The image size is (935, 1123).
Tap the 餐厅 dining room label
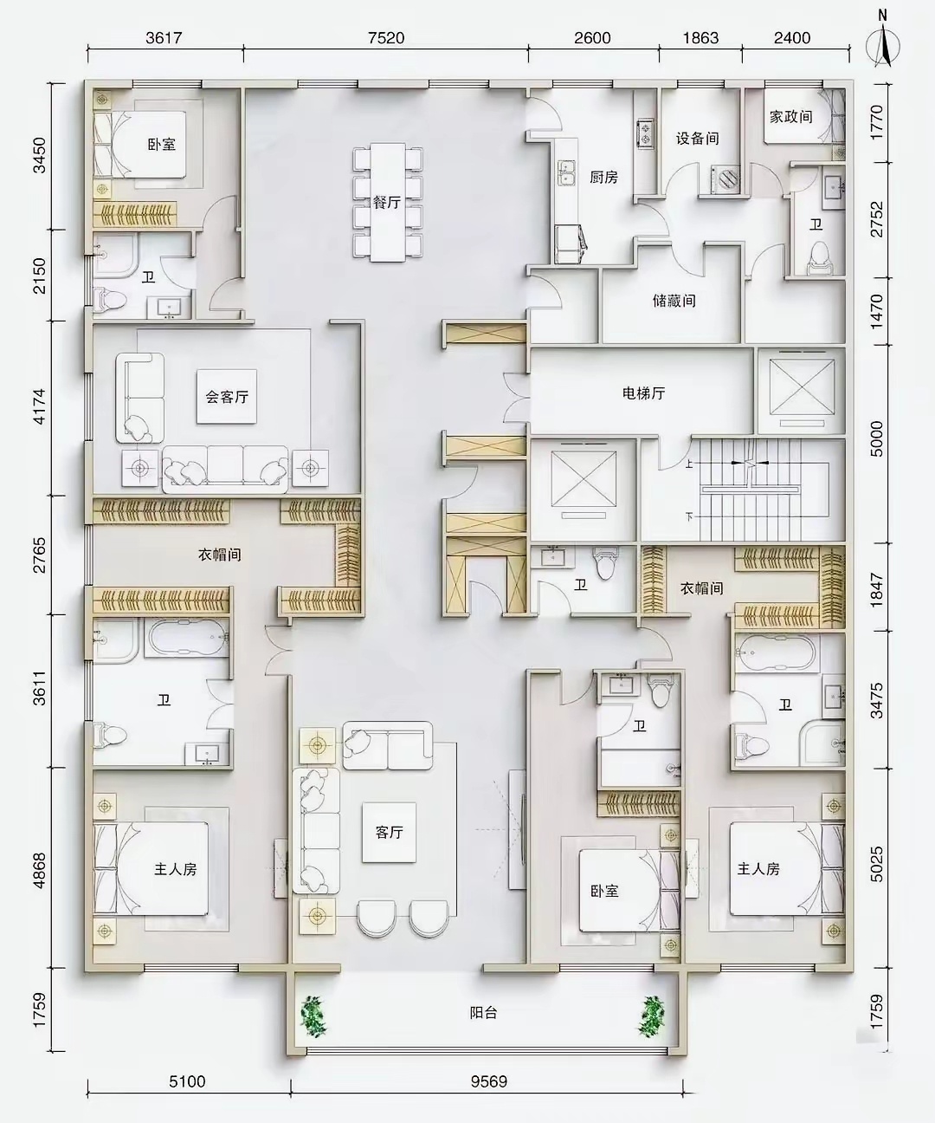click(387, 202)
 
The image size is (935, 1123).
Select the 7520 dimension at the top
click(386, 37)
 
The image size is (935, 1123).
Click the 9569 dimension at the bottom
click(488, 1081)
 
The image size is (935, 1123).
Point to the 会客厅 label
click(227, 397)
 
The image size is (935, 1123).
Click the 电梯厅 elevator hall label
click(643, 393)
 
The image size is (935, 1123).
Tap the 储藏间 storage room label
click(674, 300)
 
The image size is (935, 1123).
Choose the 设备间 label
click(698, 139)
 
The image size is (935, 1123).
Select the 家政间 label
click(790, 117)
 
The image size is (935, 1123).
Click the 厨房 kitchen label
click(603, 177)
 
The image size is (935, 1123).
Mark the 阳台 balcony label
click(483, 1013)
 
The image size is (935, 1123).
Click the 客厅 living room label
click(389, 832)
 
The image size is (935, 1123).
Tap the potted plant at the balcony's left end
click(313, 1016)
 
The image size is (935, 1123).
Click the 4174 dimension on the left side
click(40, 406)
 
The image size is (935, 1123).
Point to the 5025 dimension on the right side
click(876, 864)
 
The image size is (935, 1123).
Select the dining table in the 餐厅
click(388, 202)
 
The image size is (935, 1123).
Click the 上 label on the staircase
click(689, 464)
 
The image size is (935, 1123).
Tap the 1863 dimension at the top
click(700, 37)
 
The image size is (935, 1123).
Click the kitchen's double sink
click(566, 172)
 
